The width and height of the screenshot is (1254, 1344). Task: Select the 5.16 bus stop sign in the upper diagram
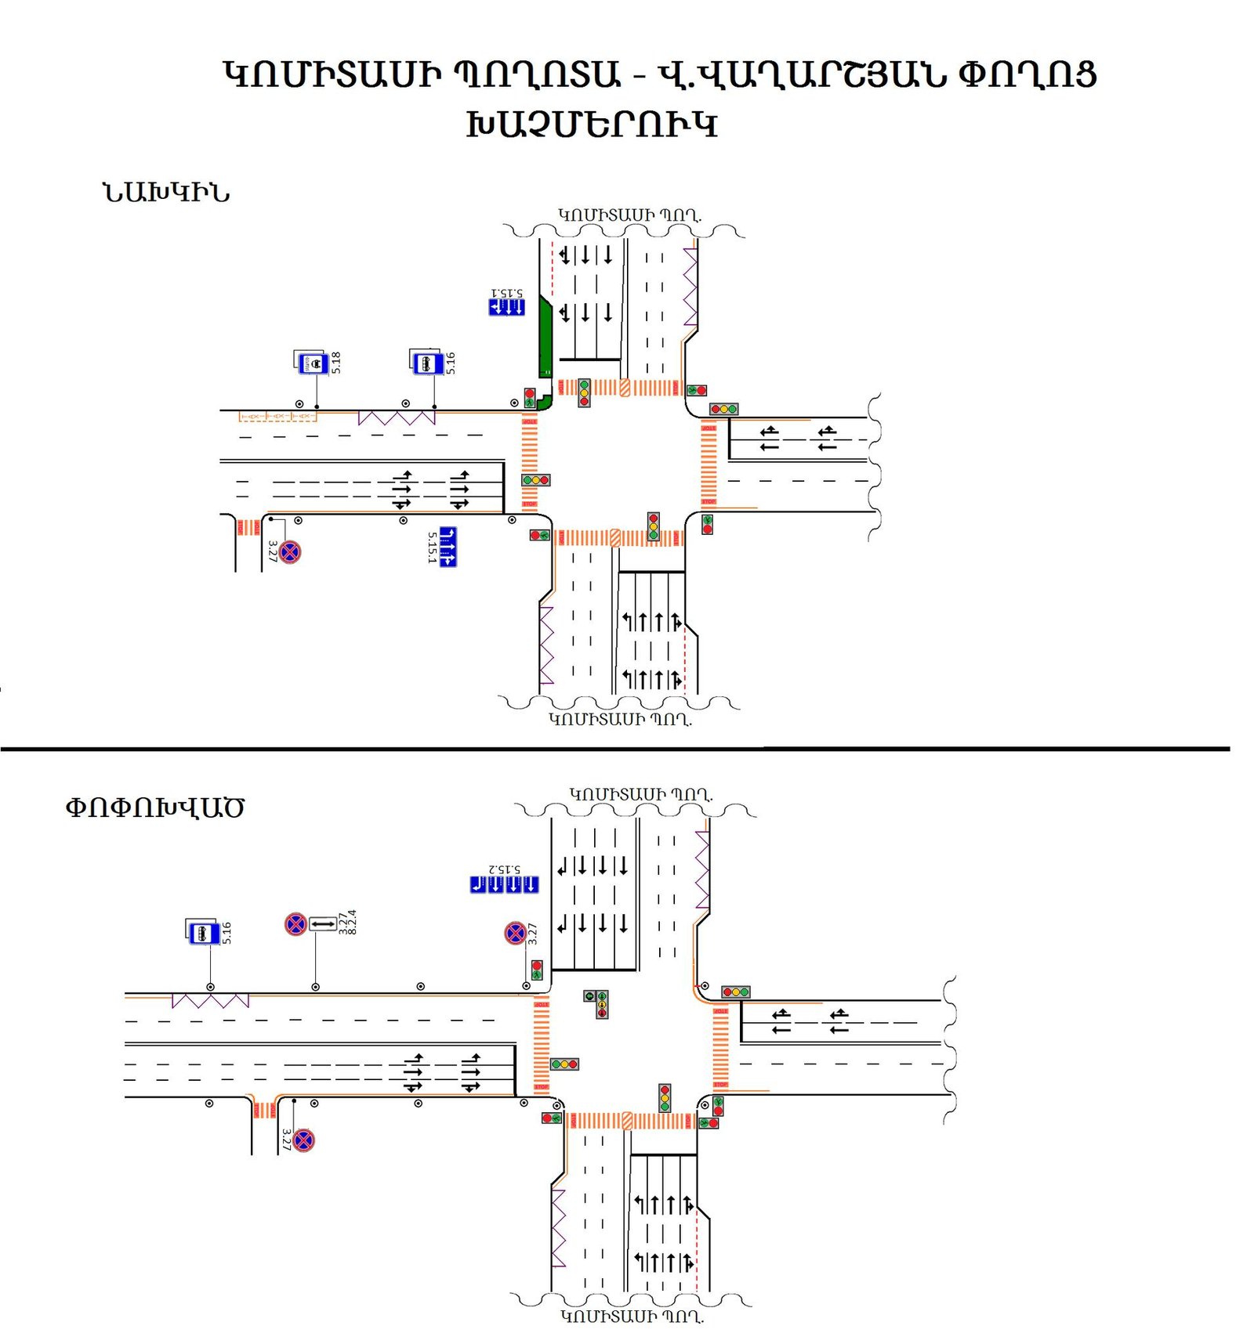426,363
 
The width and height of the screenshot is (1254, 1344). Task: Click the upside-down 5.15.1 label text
506,292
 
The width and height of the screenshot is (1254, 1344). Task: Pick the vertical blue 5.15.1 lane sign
448,547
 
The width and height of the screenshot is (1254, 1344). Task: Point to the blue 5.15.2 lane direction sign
504,884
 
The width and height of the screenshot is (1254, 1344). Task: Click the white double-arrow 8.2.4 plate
323,924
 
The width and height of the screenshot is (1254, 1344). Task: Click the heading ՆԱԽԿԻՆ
166,193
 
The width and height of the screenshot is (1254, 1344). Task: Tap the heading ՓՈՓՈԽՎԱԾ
154,807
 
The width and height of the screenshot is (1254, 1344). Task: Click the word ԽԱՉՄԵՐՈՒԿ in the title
592,125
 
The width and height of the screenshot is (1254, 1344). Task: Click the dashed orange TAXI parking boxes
277,416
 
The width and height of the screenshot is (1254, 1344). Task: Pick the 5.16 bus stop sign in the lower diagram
203,933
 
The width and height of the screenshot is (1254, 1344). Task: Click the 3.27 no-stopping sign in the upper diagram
290,551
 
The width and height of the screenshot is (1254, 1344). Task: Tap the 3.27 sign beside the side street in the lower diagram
304,1140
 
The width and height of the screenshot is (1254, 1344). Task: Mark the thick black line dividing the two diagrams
615,749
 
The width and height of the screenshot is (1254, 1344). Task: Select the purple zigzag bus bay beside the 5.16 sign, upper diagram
397,417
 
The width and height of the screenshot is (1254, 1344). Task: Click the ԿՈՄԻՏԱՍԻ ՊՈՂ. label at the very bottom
632,1317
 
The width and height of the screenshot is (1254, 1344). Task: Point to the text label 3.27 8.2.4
347,922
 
